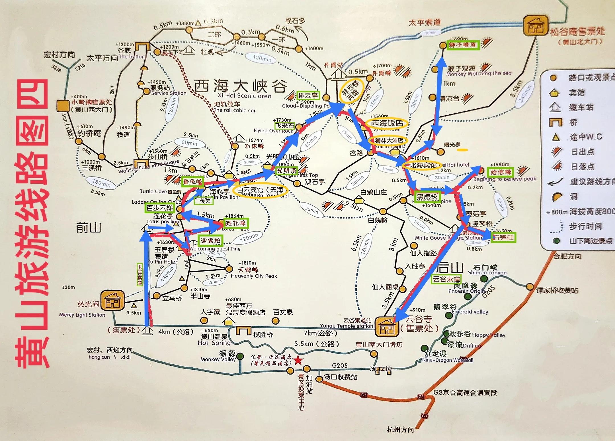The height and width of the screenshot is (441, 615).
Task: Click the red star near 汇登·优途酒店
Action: pos(298,360)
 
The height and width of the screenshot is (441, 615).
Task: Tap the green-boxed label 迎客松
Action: pos(210,241)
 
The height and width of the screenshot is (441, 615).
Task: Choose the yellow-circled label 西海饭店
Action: pos(387,123)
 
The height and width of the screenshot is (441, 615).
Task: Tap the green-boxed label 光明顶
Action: pos(287,171)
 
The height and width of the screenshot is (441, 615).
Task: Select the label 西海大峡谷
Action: pos(241,86)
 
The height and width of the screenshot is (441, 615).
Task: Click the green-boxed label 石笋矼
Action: pos(504,237)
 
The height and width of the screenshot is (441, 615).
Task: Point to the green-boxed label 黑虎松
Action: pos(427,197)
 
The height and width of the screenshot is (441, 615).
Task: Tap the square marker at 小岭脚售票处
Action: pos(62,106)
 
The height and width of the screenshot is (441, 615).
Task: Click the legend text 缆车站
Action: pos(581,108)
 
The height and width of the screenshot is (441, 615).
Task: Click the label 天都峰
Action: pos(248,270)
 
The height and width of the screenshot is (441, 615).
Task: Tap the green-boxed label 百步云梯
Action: pos(159,208)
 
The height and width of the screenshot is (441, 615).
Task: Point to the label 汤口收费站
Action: pos(341,377)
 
